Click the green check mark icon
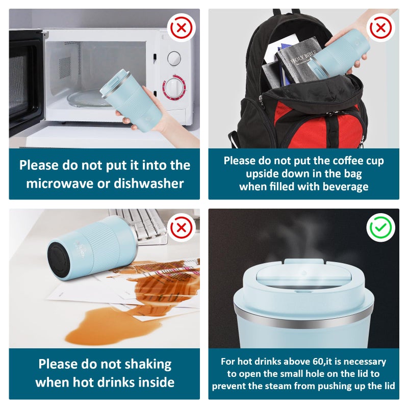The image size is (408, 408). pos(380,227)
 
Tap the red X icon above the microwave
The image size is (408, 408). pos(182,28)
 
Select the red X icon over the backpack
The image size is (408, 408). pos(380,28)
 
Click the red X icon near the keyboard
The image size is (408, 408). pos(182,227)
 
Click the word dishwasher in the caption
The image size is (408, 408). pos(149,183)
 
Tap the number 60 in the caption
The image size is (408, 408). pos(318,362)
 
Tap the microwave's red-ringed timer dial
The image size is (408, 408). pos(174,87)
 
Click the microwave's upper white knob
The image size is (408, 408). pos(174,58)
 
